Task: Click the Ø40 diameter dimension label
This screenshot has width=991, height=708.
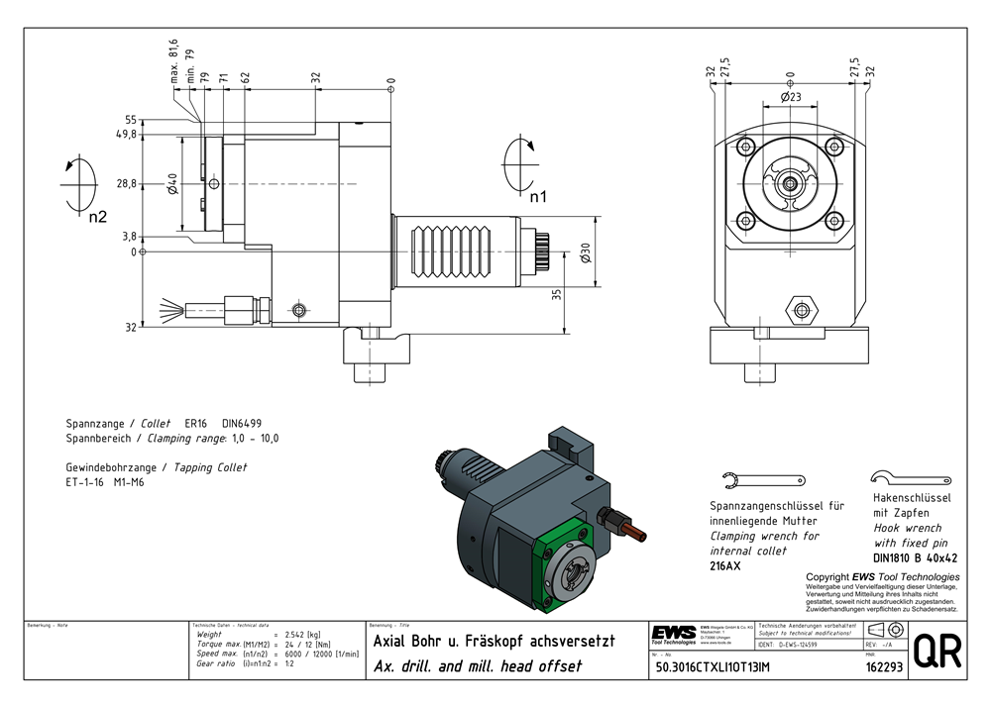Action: [x=171, y=185]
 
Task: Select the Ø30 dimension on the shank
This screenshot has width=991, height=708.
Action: [x=587, y=254]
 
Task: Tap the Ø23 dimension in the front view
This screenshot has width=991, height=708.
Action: [x=790, y=98]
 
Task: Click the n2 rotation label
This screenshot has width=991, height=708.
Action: [x=95, y=217]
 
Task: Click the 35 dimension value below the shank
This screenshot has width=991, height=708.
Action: [x=557, y=293]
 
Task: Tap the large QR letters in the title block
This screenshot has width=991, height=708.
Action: [x=936, y=652]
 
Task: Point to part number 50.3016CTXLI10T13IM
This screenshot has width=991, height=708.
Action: [x=713, y=668]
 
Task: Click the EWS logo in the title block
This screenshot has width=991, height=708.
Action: [x=673, y=633]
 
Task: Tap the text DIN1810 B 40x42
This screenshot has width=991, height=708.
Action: [x=915, y=557]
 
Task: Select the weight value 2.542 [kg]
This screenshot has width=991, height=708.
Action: [x=302, y=634]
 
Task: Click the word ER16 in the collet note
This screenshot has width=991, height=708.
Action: [x=198, y=423]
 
